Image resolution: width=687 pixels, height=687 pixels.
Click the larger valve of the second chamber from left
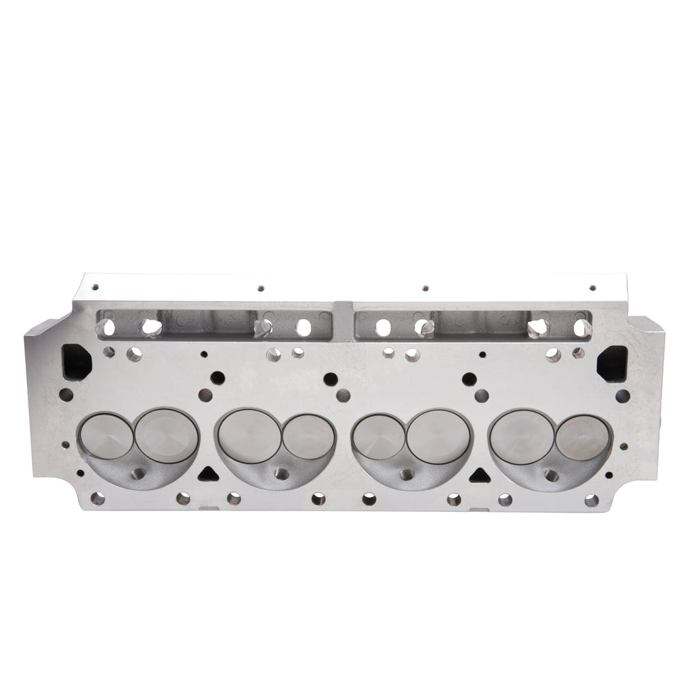coord(247,435)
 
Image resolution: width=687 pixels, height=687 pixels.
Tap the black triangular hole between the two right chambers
coord(479,472)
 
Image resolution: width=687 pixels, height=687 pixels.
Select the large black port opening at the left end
coord(75,362)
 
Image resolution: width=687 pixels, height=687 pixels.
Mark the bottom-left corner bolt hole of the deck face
coord(97,499)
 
